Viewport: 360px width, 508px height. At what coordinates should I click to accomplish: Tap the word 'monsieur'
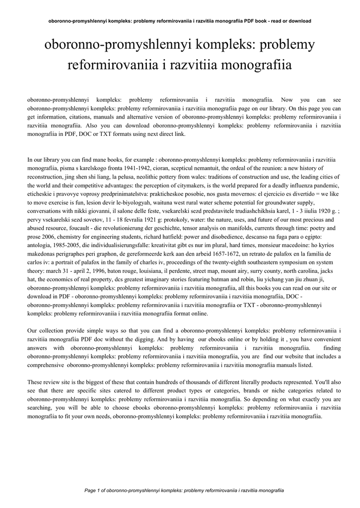tap(287, 245)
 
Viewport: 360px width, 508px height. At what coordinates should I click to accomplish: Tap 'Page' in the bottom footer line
tap(90, 491)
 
